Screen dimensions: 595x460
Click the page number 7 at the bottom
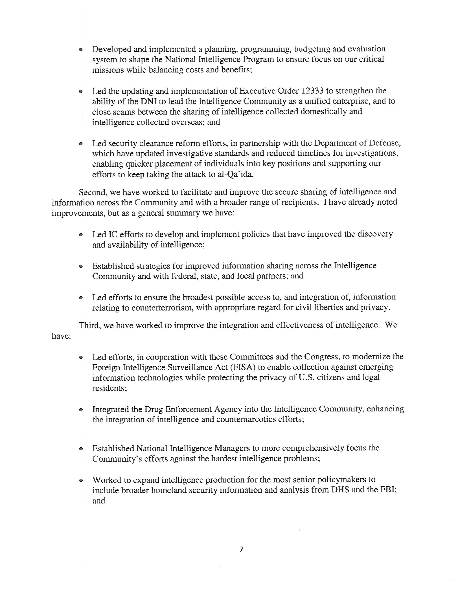[241, 550]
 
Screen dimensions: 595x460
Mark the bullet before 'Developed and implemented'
[81, 50]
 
